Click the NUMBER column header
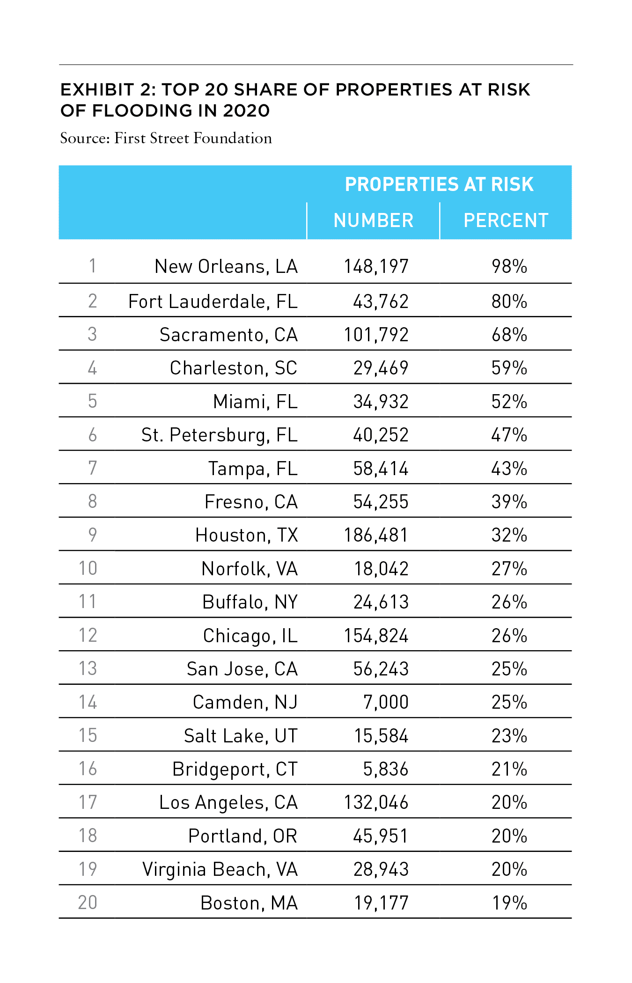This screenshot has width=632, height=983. pos(374,220)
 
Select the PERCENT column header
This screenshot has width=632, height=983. pos(506,220)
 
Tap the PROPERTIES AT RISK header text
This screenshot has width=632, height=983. pos(439,184)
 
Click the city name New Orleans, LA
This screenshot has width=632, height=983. pos(226,266)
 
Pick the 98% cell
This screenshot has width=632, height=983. pos(509,266)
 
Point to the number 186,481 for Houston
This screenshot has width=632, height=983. pos(376,535)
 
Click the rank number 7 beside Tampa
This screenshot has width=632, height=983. pos(93,468)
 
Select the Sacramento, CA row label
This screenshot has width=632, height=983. pos(228,335)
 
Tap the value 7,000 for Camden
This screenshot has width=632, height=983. pos(386,702)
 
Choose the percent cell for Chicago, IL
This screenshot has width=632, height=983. pos(509,636)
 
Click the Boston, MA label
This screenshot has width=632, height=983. pos(249,903)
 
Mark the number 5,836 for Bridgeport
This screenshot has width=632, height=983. pos(386,769)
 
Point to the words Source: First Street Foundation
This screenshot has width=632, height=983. pos(166,138)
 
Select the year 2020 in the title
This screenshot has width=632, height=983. pos(246,110)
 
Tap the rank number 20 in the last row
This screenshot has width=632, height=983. pos(88,902)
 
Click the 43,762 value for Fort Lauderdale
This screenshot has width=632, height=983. pos(381,301)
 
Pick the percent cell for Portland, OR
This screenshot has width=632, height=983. pos(509,836)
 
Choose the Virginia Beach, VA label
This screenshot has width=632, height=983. pos(220,870)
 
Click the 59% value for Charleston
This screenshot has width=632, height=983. pos(509,368)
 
